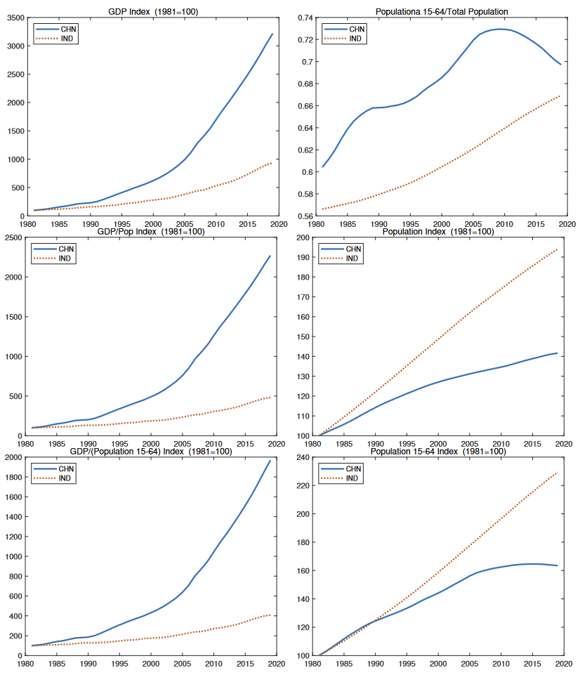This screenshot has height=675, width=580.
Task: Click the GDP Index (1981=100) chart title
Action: click(152, 11)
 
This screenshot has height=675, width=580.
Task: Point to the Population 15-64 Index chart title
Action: click(438, 452)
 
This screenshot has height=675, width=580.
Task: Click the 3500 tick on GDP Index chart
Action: click(14, 18)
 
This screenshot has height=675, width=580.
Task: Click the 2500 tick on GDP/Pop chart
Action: click(14, 237)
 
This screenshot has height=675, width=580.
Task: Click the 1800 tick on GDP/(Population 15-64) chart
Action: click(14, 478)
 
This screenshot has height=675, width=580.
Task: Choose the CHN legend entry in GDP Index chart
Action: click(68, 29)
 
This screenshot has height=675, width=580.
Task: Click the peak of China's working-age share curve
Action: click(499, 29)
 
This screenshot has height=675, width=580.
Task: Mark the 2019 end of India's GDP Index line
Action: click(272, 163)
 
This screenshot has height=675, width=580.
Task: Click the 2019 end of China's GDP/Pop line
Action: click(270, 256)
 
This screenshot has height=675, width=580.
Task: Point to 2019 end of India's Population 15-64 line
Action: click(558, 471)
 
